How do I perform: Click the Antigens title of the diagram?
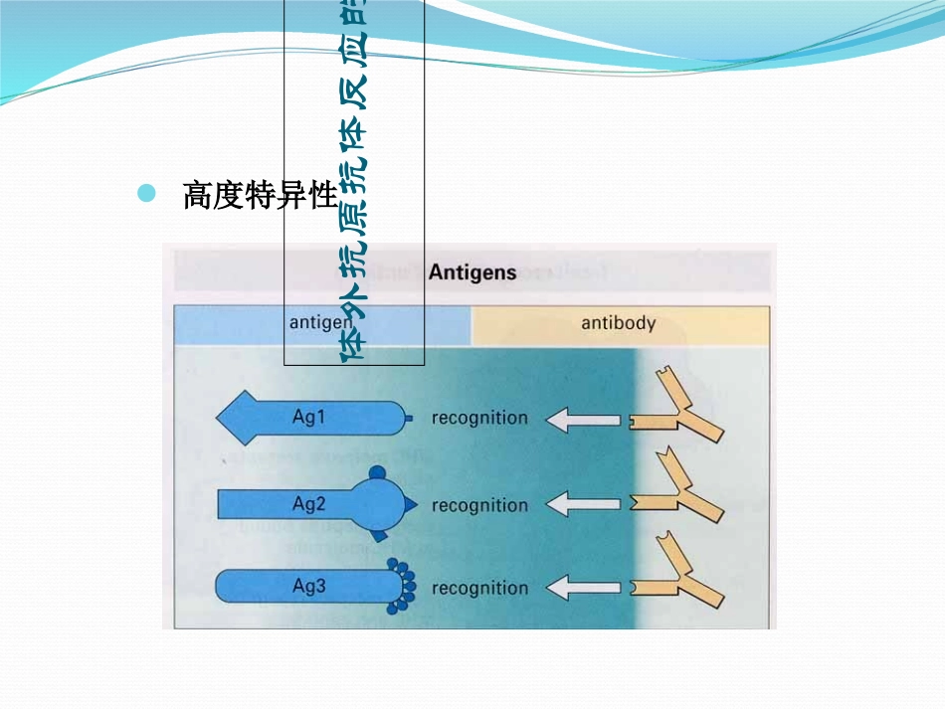(x=472, y=272)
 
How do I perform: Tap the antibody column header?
(x=618, y=323)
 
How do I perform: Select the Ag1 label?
(x=308, y=417)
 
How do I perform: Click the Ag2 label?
(x=308, y=504)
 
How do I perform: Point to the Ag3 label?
(x=308, y=587)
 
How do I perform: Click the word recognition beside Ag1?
(x=479, y=418)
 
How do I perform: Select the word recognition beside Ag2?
(x=479, y=505)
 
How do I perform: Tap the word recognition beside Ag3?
(x=479, y=588)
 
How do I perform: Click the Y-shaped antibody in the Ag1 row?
(x=680, y=410)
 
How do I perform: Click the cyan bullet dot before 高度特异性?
(x=147, y=193)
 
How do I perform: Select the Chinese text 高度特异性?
(x=261, y=196)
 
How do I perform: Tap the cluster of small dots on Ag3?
(x=403, y=588)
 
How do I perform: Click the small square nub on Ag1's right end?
(x=409, y=419)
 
